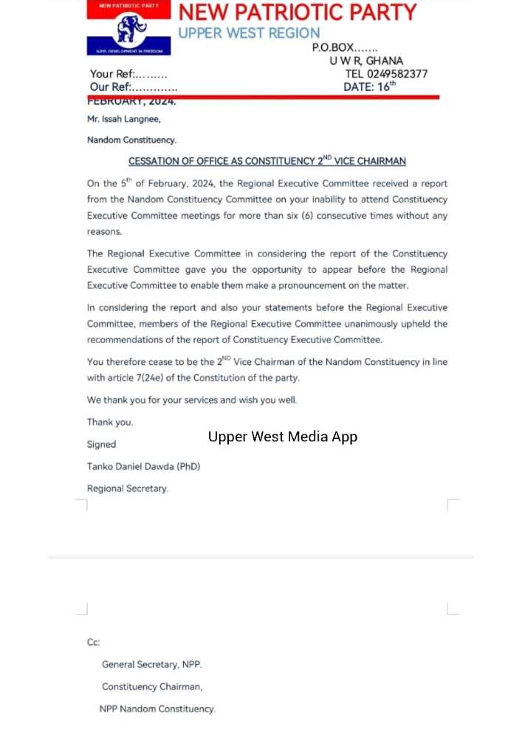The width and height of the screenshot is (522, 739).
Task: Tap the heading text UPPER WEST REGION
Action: coord(249,33)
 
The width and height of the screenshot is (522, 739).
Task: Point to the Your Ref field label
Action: coord(111,74)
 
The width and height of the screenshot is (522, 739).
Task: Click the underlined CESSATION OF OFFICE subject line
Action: coord(267,161)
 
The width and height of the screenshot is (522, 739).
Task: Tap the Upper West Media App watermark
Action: coord(283,437)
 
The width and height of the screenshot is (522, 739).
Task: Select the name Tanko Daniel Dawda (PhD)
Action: coord(143,466)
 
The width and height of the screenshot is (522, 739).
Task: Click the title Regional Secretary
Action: coord(128,488)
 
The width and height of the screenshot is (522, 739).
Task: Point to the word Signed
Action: coord(101,444)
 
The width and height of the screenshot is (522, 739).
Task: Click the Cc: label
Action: coord(94,642)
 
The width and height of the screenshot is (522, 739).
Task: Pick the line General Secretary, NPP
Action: coord(152,664)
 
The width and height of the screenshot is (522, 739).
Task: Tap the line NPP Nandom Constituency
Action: coord(157,709)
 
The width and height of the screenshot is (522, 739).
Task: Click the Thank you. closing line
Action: coord(110,422)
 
